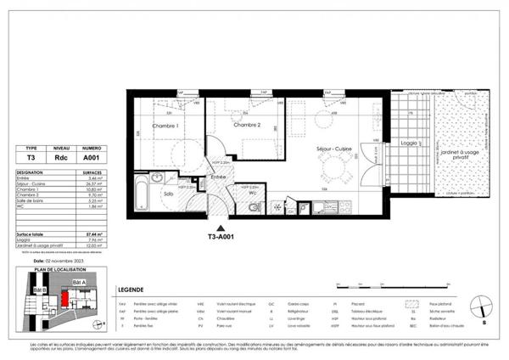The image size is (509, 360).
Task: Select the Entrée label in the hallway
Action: click(x=218, y=177)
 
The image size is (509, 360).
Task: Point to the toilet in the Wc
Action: click(x=255, y=206)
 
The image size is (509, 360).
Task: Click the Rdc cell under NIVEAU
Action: click(x=61, y=156)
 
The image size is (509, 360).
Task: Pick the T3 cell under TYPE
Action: click(x=31, y=156)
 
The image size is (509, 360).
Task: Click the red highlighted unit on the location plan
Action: click(x=64, y=299)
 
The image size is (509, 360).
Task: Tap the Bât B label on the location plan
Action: click(x=38, y=290)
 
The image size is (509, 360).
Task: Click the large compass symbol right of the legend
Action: click(x=481, y=302)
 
